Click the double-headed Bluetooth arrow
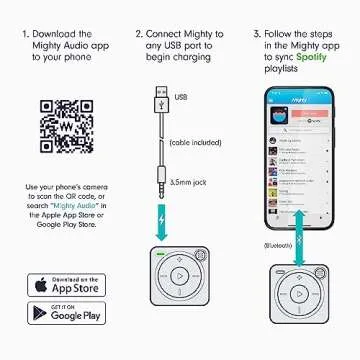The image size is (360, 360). click(x=299, y=266)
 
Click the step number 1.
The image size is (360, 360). click(x=26, y=33)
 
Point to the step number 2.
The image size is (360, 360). click(x=139, y=33)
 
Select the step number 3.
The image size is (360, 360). click(x=257, y=33)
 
